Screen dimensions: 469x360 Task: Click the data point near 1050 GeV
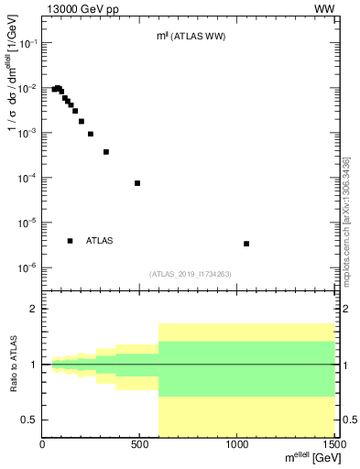[246, 244]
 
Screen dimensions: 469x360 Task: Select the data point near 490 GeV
[137, 183]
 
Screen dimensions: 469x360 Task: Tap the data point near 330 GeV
[106, 152]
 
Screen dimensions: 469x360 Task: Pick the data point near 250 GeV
[91, 134]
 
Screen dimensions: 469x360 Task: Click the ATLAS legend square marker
[71, 241]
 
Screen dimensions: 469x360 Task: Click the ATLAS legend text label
[100, 241]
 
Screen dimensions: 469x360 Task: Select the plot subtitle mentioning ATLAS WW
[191, 37]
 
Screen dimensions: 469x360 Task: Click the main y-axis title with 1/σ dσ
[14, 92]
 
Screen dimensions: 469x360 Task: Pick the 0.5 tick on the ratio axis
[33, 420]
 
